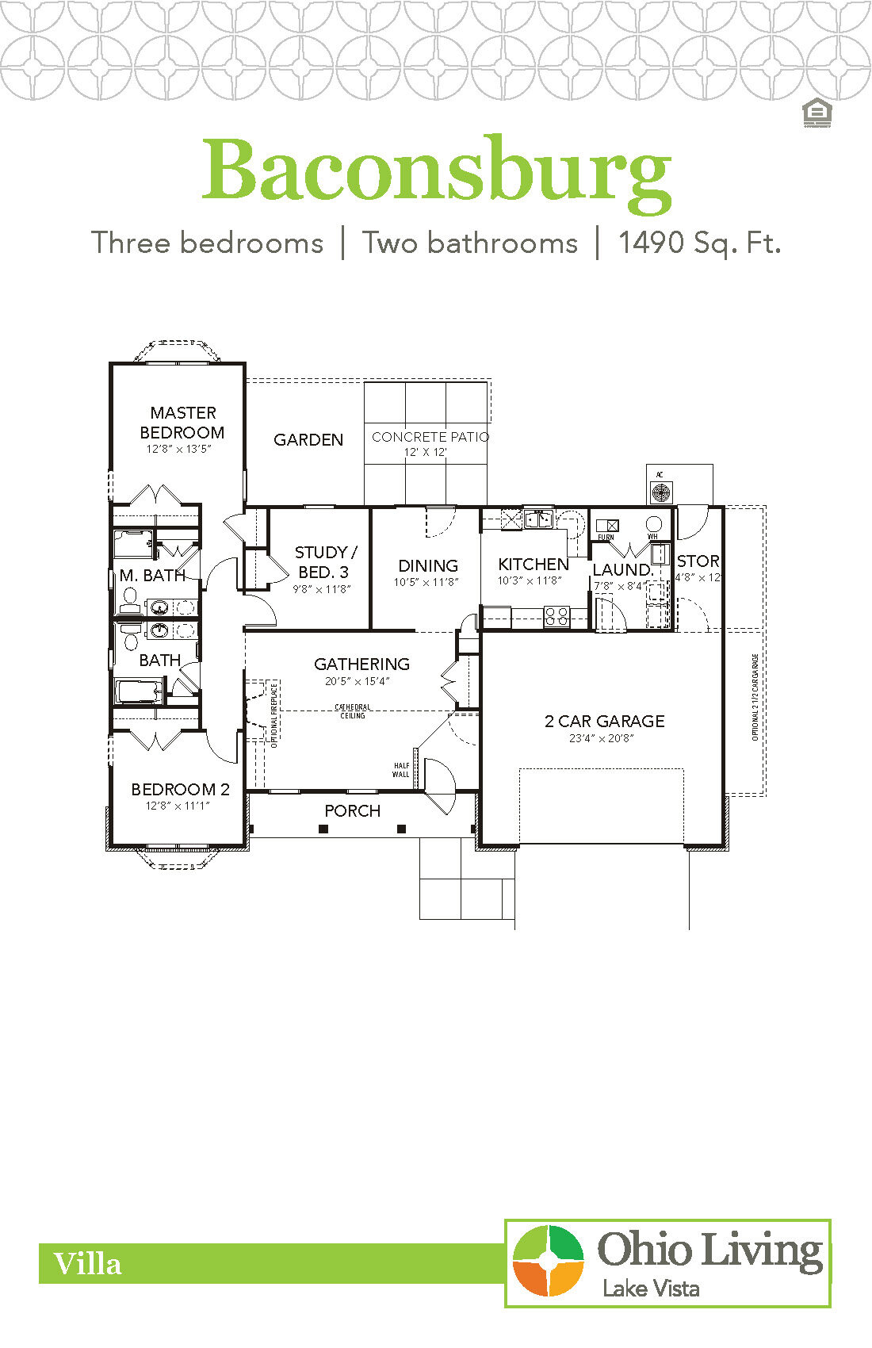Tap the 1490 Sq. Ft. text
coord(699,243)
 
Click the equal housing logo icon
coord(816,113)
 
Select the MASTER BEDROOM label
coord(182,423)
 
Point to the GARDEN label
coord(308,439)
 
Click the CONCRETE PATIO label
coord(430,437)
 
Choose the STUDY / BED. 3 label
coord(323,561)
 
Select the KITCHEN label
coord(534,564)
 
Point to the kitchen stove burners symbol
coord(556,616)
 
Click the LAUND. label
coord(623,569)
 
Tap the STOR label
coord(698,561)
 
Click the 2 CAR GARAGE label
coord(604,721)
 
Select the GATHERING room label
coord(361,664)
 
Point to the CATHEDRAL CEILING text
coord(353,711)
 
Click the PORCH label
coord(352,810)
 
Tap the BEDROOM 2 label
coord(180,789)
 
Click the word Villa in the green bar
coord(87,1264)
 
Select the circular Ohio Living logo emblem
coord(548,1262)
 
